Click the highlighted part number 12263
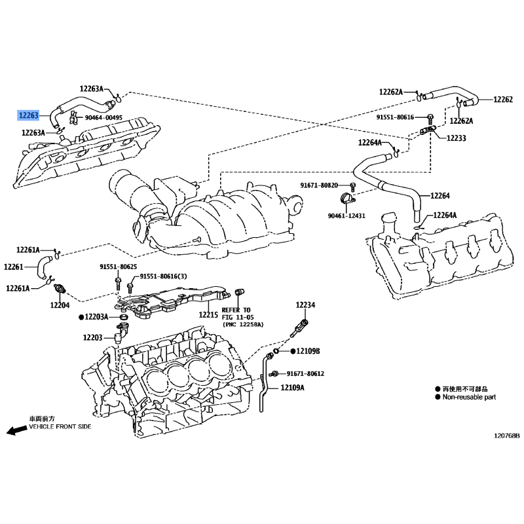pyautogui.click(x=29, y=115)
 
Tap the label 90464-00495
pyautogui.click(x=103, y=118)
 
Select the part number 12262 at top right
pyautogui.click(x=503, y=100)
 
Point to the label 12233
pyautogui.click(x=456, y=138)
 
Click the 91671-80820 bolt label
pyautogui.click(x=319, y=185)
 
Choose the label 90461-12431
pyautogui.click(x=346, y=216)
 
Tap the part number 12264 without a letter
pyautogui.click(x=440, y=195)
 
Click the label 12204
pyautogui.click(x=60, y=305)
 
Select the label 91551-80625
pyautogui.click(x=119, y=267)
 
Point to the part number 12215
pyautogui.click(x=208, y=315)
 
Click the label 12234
pyautogui.click(x=305, y=305)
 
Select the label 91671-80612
pyautogui.click(x=305, y=373)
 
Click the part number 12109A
pyautogui.click(x=292, y=388)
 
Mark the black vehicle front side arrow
pyautogui.click(x=17, y=430)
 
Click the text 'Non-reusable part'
pyautogui.click(x=469, y=397)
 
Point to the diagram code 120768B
pyautogui.click(x=507, y=436)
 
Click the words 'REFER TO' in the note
pyautogui.click(x=236, y=310)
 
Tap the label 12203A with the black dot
pyautogui.click(x=94, y=316)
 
